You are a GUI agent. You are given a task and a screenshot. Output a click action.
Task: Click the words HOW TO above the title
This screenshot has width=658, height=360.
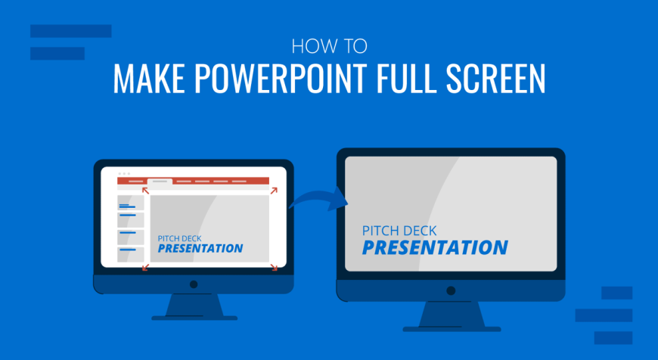tap(330, 47)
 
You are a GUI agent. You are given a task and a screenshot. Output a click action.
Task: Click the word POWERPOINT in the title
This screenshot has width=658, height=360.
tap(277, 79)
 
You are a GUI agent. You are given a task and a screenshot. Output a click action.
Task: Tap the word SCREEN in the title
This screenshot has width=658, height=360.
tap(495, 79)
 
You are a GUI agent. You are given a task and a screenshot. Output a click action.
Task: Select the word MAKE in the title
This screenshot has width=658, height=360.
tap(149, 79)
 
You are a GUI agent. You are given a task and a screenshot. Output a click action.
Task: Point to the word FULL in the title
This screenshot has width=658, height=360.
tap(402, 79)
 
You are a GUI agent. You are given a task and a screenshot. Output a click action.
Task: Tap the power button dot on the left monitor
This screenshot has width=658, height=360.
tap(194, 284)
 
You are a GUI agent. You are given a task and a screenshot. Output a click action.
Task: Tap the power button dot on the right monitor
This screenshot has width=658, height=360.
tap(451, 290)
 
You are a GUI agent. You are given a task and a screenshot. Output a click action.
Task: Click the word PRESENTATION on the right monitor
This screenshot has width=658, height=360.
tap(435, 247)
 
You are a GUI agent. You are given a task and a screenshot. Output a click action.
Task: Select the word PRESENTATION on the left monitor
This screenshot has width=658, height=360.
tap(200, 248)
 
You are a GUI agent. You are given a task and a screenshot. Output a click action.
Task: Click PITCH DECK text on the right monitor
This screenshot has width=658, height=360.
tap(399, 231)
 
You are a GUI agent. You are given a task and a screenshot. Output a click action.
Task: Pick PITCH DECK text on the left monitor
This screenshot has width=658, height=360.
tap(179, 238)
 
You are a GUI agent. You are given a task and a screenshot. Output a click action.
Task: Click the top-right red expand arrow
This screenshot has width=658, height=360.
tap(274, 191)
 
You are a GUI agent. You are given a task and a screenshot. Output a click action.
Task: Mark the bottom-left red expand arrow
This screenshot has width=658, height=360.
tap(145, 267)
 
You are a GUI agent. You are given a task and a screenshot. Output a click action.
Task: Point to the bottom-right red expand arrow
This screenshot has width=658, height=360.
tap(274, 267)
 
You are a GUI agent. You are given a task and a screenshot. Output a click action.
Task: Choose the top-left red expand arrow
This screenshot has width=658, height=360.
tap(145, 191)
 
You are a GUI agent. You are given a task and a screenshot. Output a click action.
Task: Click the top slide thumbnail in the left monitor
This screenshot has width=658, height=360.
tap(131, 203)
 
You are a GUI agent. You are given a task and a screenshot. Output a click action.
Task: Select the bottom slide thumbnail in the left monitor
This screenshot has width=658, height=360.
tap(131, 255)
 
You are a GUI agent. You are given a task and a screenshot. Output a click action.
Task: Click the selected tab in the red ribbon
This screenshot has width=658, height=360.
tap(160, 182)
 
